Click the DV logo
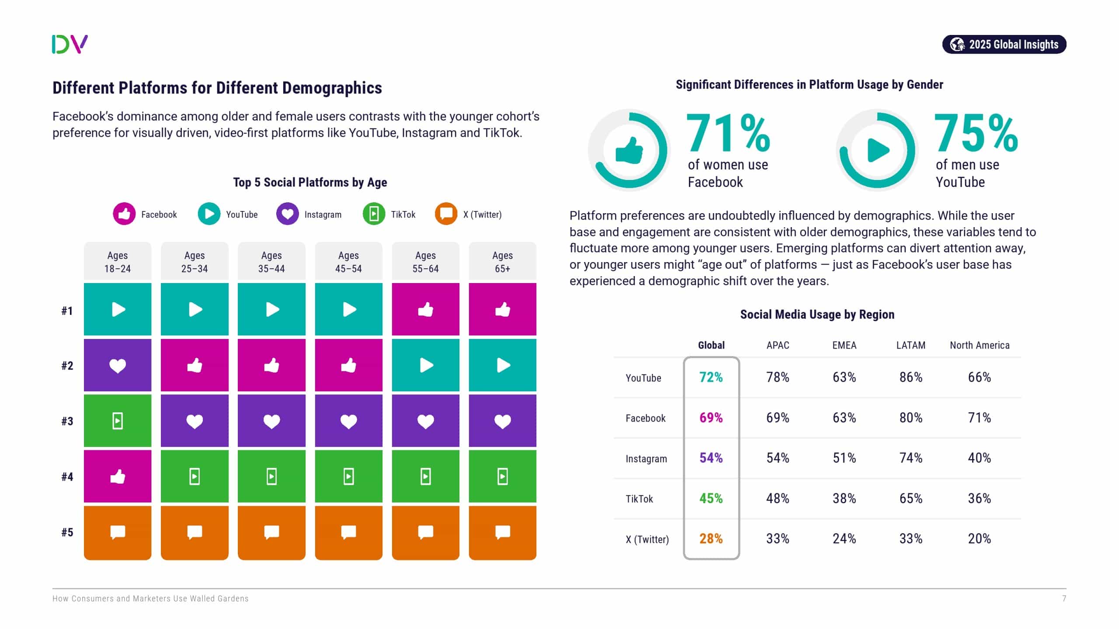tap(70, 44)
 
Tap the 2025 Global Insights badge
tap(1004, 45)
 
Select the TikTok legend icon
tap(374, 214)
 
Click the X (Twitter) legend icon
tap(446, 214)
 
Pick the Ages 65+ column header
tap(502, 262)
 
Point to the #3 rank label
tap(67, 421)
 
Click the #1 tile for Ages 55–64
tap(425, 309)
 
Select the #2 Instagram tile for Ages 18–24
tap(118, 365)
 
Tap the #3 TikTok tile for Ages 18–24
tap(118, 421)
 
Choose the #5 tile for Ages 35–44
tap(271, 532)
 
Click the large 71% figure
tap(728, 133)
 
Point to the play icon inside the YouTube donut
tap(878, 150)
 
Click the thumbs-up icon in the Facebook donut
tap(629, 150)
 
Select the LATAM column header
tap(910, 346)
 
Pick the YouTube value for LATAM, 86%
tap(910, 377)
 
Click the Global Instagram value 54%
tap(711, 458)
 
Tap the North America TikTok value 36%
tap(979, 498)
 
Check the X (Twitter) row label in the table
tap(647, 539)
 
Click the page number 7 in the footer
tap(1064, 598)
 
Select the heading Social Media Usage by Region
tap(817, 314)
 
